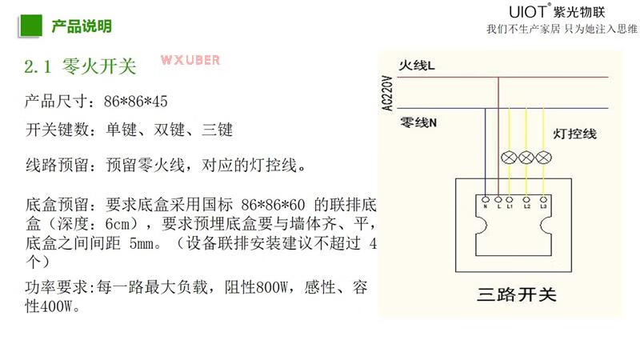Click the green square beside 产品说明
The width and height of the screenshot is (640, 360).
pyautogui.click(x=30, y=25)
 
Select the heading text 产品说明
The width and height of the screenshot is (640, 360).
pyautogui.click(x=82, y=26)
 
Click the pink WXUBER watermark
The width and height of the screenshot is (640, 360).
pyautogui.click(x=190, y=60)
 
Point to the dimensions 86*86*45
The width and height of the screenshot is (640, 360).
pyautogui.click(x=136, y=102)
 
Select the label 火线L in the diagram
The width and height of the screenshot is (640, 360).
pyautogui.click(x=418, y=65)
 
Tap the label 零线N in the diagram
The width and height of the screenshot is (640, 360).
pyautogui.click(x=418, y=123)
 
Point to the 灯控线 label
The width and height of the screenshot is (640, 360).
pyautogui.click(x=575, y=134)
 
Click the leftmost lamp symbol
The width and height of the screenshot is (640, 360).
pyautogui.click(x=508, y=157)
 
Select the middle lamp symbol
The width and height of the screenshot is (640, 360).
pyautogui.click(x=526, y=157)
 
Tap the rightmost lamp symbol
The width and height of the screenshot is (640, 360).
pyautogui.click(x=543, y=157)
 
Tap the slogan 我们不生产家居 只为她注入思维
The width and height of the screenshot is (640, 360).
pyautogui.click(x=562, y=30)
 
